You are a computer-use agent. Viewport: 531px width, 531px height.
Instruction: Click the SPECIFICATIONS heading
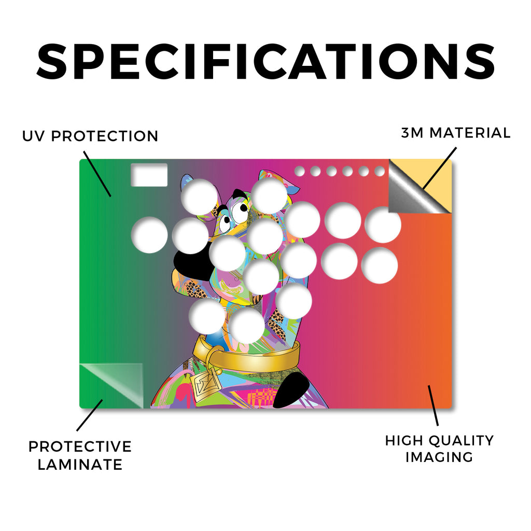[265, 62]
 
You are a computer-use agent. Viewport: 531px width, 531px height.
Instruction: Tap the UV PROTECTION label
[90, 136]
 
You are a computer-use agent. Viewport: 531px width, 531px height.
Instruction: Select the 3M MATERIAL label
[456, 133]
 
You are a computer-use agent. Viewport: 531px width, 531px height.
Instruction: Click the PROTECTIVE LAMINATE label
[80, 455]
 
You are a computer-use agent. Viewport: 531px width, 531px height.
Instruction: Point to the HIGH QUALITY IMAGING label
[439, 449]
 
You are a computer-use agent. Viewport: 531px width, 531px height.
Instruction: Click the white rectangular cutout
[149, 175]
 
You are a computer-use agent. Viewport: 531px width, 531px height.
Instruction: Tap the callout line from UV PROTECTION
[97, 174]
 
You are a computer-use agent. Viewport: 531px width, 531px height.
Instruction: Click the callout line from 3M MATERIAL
[440, 168]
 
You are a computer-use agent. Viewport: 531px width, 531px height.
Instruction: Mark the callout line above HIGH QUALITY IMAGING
[433, 406]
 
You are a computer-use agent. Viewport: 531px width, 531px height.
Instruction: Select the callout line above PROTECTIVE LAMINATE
[90, 415]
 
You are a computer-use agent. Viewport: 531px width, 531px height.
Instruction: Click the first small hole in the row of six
[299, 171]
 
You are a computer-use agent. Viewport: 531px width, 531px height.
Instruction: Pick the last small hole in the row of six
[380, 171]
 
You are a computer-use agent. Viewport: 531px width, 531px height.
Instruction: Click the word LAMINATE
[80, 465]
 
